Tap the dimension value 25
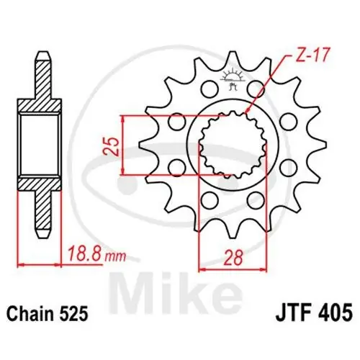click(x=111, y=147)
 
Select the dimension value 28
click(x=233, y=258)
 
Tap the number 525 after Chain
click(x=75, y=314)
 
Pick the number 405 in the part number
click(x=334, y=312)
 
